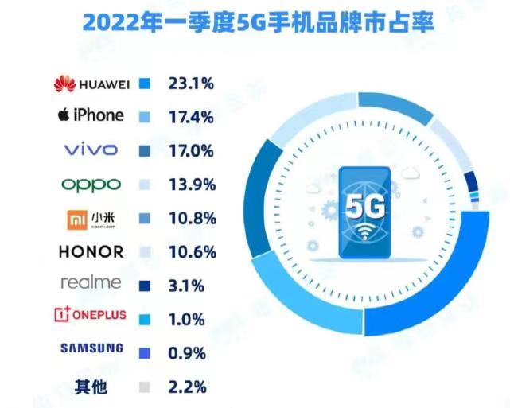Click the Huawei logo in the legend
click(x=88, y=82)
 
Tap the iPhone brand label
click(x=91, y=115)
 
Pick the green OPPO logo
click(x=91, y=184)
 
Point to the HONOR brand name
click(x=91, y=252)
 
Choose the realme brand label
click(x=91, y=283)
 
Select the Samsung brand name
click(x=91, y=348)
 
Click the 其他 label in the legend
click(x=91, y=387)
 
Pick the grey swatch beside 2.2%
click(x=144, y=387)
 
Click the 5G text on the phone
click(x=364, y=204)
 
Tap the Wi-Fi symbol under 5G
click(x=365, y=235)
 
